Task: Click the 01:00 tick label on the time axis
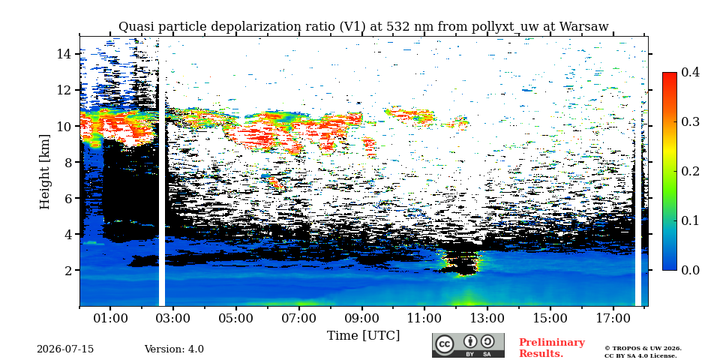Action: (x=110, y=318)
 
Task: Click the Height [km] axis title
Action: (x=44, y=172)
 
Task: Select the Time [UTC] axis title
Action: (x=363, y=335)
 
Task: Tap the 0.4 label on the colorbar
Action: (x=690, y=72)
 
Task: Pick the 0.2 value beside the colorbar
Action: (x=690, y=171)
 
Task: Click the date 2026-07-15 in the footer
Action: (x=65, y=349)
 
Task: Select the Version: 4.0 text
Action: (x=174, y=349)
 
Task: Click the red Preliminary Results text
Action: (x=552, y=347)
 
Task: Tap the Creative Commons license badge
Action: (x=468, y=345)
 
